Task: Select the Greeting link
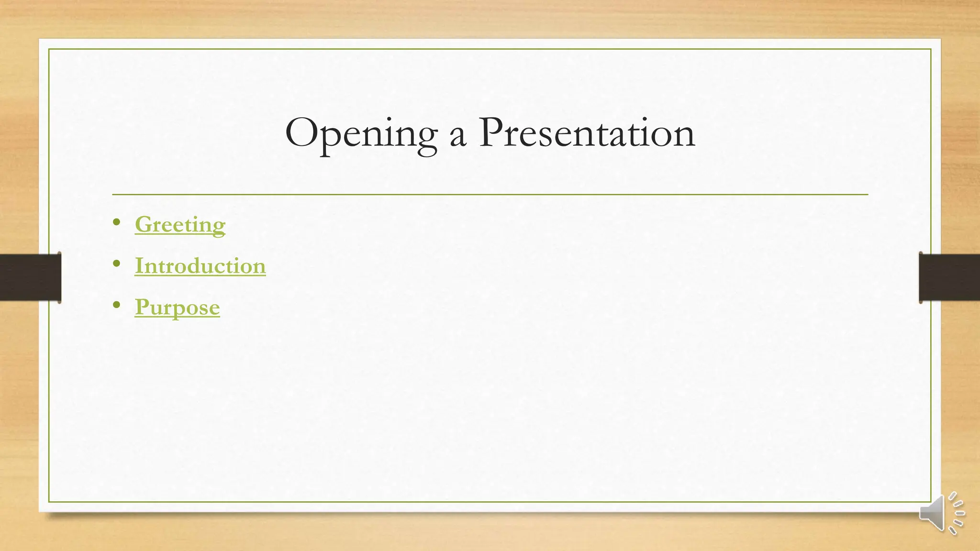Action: (x=180, y=225)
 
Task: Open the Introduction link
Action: (x=200, y=266)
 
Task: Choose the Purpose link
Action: (x=177, y=307)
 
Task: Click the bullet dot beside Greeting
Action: (x=117, y=222)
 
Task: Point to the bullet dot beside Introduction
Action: (x=117, y=263)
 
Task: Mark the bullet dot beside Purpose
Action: (x=117, y=305)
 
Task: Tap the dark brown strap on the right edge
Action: (x=949, y=277)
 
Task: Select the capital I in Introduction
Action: (x=139, y=266)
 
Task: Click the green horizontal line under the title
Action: (x=490, y=195)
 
